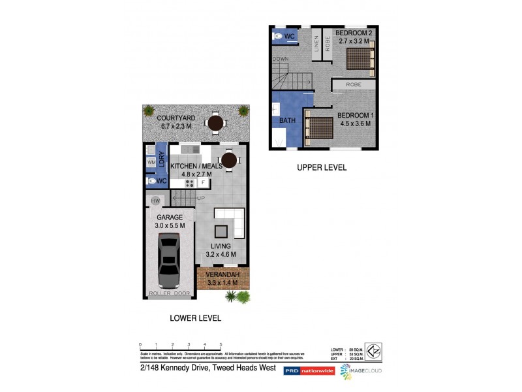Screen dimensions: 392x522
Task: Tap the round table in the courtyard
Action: [x=215, y=122]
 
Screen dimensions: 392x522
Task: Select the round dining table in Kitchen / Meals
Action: [x=228, y=160]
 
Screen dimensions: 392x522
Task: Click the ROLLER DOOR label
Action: [x=170, y=294]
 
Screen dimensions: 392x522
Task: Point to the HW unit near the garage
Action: [x=156, y=201]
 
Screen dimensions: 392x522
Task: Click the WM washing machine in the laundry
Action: [x=151, y=161]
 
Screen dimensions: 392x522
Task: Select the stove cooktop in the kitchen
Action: [x=189, y=184]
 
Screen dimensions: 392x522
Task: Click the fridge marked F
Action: [x=202, y=184]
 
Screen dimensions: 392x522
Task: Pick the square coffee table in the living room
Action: [x=222, y=231]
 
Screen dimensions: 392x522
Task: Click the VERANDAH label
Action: [x=223, y=274]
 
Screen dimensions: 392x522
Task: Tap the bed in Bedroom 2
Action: [x=359, y=59]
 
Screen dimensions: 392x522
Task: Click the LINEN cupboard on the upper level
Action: [x=316, y=44]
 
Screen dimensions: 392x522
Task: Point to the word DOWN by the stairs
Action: [x=281, y=59]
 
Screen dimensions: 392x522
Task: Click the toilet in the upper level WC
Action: [x=279, y=37]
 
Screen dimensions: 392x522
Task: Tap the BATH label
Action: [x=287, y=121]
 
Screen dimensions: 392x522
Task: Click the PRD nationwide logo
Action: [x=309, y=370]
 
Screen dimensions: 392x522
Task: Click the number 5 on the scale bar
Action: [x=221, y=344]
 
